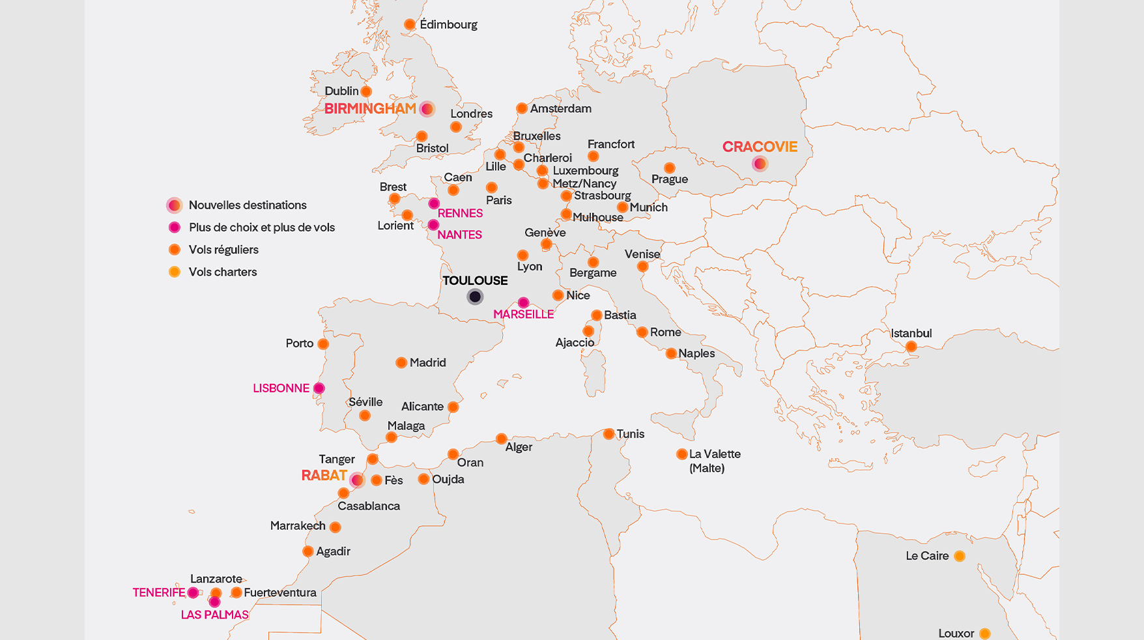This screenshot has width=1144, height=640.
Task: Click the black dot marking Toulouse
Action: click(x=475, y=297)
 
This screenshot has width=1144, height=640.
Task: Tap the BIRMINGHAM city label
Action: click(x=370, y=109)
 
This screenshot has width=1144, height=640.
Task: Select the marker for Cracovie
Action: click(x=760, y=164)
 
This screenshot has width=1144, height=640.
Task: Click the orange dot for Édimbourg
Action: click(x=410, y=25)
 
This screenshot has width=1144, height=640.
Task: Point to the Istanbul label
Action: click(x=911, y=334)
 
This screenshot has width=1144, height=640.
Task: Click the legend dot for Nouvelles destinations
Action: click(x=174, y=205)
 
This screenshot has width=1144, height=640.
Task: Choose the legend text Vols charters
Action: click(x=223, y=272)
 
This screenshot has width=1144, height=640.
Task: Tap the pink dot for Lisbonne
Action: click(x=319, y=388)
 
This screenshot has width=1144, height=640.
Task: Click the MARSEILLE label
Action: click(x=523, y=314)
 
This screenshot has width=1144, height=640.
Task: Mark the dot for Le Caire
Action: click(x=960, y=556)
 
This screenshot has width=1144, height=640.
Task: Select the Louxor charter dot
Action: click(x=985, y=633)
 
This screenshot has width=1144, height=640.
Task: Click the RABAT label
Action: click(x=324, y=476)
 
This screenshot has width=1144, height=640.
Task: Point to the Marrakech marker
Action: click(x=336, y=527)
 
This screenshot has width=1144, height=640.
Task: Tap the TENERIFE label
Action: click(x=159, y=592)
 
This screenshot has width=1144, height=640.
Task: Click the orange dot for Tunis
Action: click(x=608, y=434)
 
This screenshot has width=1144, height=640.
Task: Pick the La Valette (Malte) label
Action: click(x=714, y=461)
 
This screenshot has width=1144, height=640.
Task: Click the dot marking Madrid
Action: click(x=401, y=363)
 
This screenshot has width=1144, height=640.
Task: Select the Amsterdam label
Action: click(x=560, y=109)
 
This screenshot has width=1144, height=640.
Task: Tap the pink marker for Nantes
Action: click(x=433, y=225)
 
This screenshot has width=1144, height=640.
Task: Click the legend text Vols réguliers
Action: click(x=223, y=250)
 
